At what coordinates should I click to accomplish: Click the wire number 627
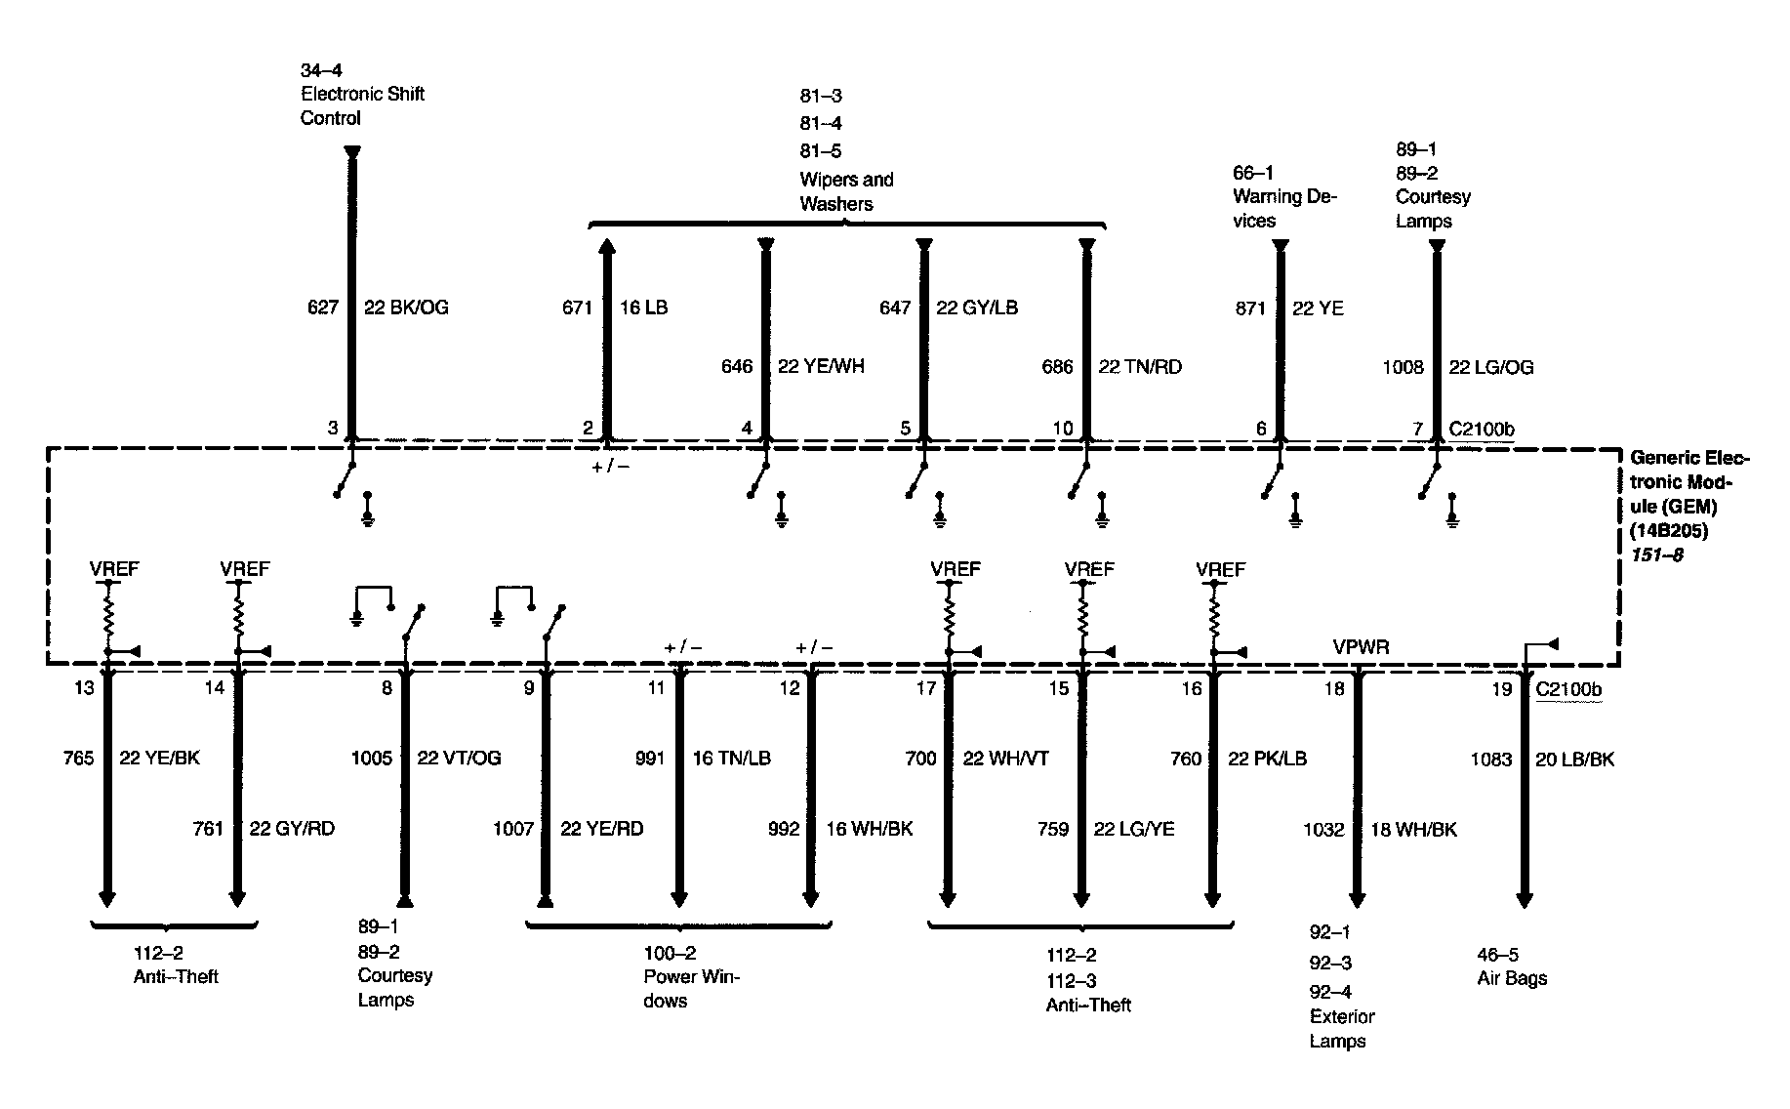point(323,308)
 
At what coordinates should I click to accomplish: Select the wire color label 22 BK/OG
point(406,308)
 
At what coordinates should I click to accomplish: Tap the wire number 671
point(577,308)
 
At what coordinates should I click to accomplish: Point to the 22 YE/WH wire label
point(821,366)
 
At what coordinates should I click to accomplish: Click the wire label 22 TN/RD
point(1140,367)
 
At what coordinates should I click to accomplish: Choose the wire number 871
point(1250,308)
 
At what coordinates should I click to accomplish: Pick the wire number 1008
point(1404,367)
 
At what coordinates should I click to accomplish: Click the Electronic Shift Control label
point(362,105)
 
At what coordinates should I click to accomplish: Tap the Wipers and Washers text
point(846,191)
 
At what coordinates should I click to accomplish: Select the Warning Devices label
point(1284,209)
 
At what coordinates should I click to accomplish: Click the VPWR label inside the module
point(1362,647)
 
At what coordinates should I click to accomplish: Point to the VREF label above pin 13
point(114,569)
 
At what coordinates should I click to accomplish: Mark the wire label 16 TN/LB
point(732,759)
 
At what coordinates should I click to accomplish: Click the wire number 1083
point(1491,759)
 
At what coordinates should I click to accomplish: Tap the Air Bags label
point(1512,978)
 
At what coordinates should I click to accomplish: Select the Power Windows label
point(692,989)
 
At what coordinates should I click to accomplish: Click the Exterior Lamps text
point(1342,1029)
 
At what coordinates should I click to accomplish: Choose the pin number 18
point(1333,689)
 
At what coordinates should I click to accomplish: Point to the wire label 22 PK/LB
point(1267,759)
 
